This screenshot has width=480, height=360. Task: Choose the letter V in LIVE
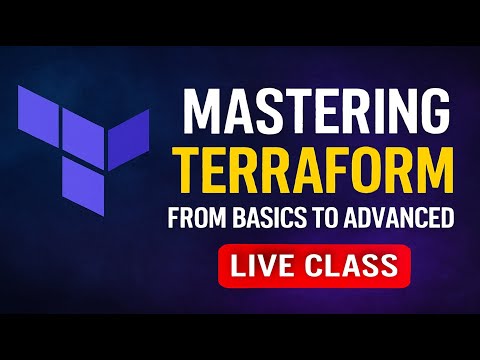[x=272, y=266]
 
